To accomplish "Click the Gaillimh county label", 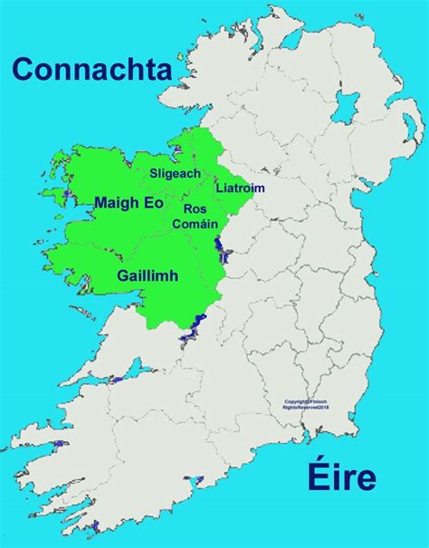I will tap(148, 274).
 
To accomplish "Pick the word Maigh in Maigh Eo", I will tap(118, 205).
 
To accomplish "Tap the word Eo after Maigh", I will tap(155, 205).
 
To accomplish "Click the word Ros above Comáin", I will tap(195, 209).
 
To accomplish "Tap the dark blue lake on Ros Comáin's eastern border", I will tap(217, 246).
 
